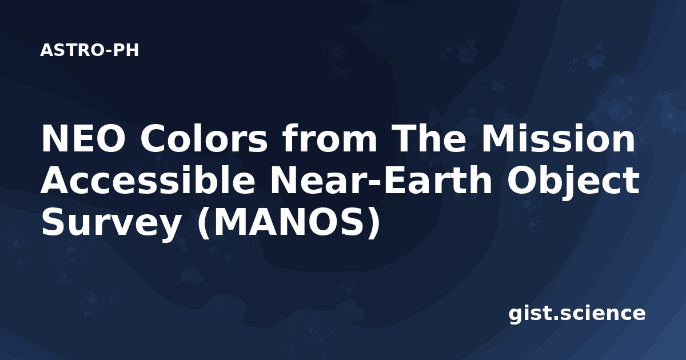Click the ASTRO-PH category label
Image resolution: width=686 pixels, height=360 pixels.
pyautogui.click(x=89, y=50)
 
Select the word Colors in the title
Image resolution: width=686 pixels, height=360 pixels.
pyautogui.click(x=204, y=139)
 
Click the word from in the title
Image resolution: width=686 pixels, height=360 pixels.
pyautogui.click(x=329, y=138)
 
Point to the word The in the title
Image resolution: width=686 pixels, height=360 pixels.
pyautogui.click(x=429, y=138)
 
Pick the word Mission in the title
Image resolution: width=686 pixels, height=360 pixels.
pyautogui.click(x=558, y=138)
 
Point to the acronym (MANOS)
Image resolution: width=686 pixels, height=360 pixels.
pyautogui.click(x=288, y=223)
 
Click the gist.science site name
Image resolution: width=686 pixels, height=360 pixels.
pyautogui.click(x=577, y=314)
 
